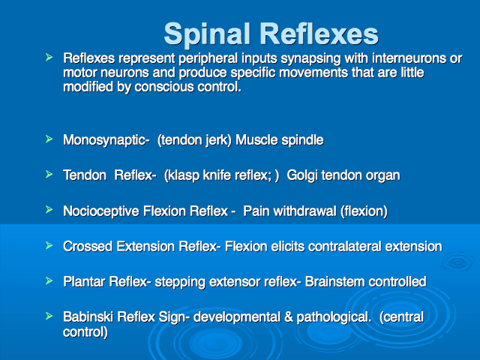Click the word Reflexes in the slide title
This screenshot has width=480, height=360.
click(x=319, y=34)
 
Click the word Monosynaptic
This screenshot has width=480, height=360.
click(x=106, y=140)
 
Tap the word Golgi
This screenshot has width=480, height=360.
click(x=301, y=175)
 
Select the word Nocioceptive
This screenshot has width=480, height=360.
click(x=101, y=211)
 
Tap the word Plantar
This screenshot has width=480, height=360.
click(x=84, y=282)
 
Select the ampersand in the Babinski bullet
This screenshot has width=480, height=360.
click(x=289, y=317)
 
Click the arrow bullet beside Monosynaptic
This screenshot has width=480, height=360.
click(x=49, y=139)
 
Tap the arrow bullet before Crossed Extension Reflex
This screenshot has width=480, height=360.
click(x=49, y=245)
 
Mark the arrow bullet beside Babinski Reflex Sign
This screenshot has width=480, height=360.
click(x=49, y=316)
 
